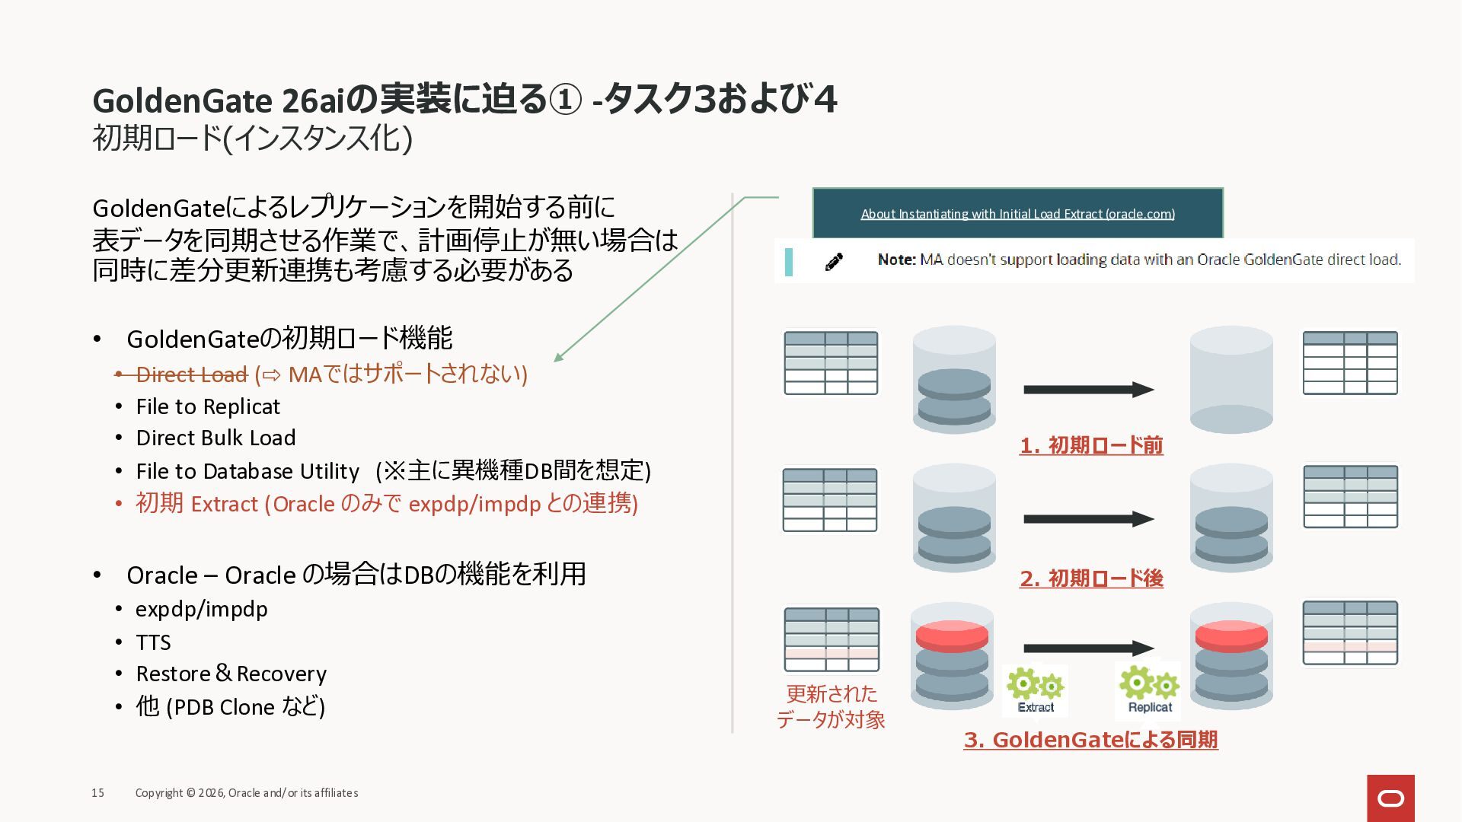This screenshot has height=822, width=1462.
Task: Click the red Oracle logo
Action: pyautogui.click(x=1390, y=798)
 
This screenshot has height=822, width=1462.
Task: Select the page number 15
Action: pyautogui.click(x=98, y=793)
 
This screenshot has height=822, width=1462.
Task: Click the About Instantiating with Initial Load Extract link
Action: pyautogui.click(x=1017, y=214)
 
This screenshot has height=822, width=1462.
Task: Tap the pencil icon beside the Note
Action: pyautogui.click(x=834, y=262)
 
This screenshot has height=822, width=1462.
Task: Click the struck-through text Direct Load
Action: pyautogui.click(x=192, y=374)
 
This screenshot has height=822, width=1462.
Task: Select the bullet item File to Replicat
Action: pyautogui.click(x=208, y=406)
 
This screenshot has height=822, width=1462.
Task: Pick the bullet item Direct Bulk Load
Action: pyautogui.click(x=215, y=438)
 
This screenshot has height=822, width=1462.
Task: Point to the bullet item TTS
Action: pyautogui.click(x=153, y=642)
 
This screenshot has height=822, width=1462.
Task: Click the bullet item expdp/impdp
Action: pyautogui.click(x=202, y=609)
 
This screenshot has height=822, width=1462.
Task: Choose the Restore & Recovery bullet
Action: pyautogui.click(x=231, y=674)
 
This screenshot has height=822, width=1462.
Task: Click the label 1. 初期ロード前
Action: pyautogui.click(x=1091, y=445)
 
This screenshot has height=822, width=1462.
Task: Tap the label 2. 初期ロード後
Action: pyautogui.click(x=1091, y=578)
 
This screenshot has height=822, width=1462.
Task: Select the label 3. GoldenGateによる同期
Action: pyautogui.click(x=1090, y=740)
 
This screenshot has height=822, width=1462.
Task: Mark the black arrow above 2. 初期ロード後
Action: pyautogui.click(x=1088, y=519)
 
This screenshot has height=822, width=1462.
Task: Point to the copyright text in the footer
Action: pyautogui.click(x=247, y=793)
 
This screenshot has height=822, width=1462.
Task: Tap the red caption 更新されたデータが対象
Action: pyautogui.click(x=831, y=706)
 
